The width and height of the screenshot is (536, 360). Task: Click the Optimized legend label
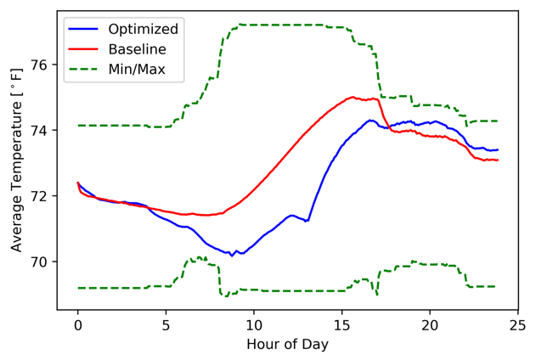(143, 30)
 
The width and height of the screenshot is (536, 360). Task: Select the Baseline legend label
(137, 49)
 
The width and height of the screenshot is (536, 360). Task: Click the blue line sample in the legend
(85, 30)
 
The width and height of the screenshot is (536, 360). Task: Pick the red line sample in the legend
(85, 49)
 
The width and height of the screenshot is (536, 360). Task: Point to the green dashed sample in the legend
(85, 69)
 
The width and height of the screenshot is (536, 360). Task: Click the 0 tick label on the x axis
(77, 323)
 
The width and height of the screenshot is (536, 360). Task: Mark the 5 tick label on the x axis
(166, 323)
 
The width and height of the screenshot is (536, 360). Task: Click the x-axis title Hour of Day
(287, 345)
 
